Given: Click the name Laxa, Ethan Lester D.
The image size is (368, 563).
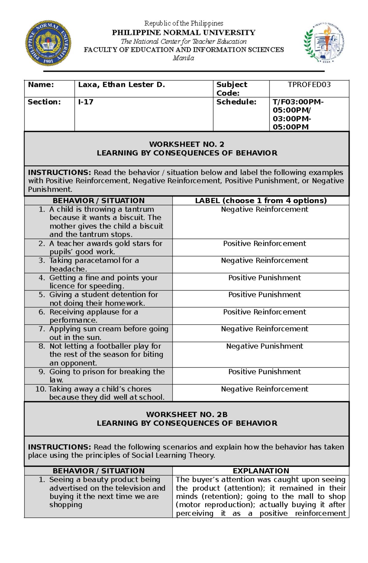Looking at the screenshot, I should pos(121,85).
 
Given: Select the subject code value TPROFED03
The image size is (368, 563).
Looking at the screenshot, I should pos(309,85).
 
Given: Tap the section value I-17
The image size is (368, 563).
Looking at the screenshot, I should pos(86,102).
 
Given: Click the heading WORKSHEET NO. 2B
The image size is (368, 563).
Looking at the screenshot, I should pos(187,415).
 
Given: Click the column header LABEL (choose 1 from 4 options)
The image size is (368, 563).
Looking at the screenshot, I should pos(261,201).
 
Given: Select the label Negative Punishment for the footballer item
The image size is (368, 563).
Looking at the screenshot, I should pos(264,346).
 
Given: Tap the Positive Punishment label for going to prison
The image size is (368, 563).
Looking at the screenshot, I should pos(264,372).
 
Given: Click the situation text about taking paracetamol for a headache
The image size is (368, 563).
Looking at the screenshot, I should pos(94,265).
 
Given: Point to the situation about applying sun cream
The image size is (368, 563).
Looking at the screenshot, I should pos(109,333).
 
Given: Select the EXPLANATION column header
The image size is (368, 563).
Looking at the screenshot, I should pos(261,471).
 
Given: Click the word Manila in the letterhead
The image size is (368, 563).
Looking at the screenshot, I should pos(183,58).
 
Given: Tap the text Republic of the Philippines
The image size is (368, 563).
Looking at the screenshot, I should pos(184,23).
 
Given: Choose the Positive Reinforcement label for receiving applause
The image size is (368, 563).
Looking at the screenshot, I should pos(264,312).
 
